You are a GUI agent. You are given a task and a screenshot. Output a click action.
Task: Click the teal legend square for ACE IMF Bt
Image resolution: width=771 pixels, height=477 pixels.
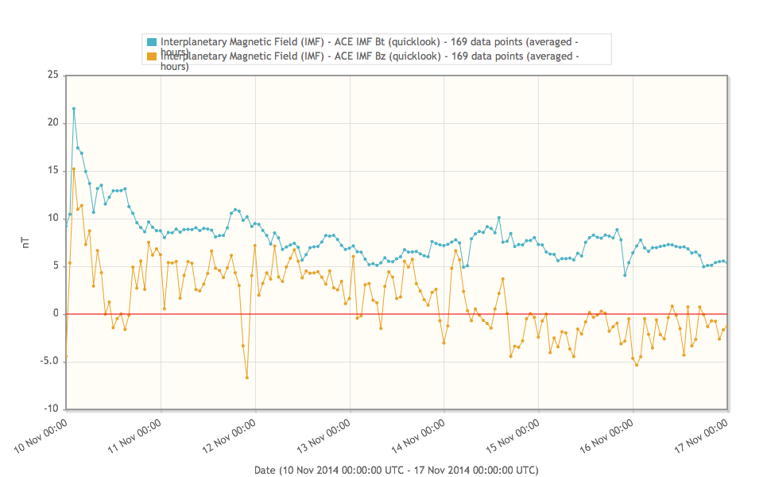(x=152, y=41)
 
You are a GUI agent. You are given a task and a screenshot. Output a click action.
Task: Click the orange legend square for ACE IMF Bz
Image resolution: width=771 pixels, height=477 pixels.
(x=152, y=56)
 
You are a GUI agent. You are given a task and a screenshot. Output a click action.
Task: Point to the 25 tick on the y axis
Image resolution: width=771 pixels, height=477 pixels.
(x=52, y=76)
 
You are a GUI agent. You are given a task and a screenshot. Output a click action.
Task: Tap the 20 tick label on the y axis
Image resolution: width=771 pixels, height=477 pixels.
(x=52, y=123)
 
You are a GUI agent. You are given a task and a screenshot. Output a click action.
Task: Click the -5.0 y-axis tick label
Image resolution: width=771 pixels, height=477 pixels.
(x=49, y=362)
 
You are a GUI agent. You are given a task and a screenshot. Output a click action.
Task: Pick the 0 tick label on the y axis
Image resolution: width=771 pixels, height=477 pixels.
(x=55, y=314)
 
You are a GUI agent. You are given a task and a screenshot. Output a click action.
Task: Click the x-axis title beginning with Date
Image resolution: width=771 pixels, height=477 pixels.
(x=396, y=470)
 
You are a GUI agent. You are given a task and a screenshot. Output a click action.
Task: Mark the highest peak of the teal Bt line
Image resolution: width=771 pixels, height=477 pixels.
(x=74, y=109)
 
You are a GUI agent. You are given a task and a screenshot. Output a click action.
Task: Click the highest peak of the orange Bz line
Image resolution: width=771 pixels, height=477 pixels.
(x=74, y=169)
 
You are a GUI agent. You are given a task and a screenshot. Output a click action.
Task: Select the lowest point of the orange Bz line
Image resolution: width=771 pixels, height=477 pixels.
(x=247, y=378)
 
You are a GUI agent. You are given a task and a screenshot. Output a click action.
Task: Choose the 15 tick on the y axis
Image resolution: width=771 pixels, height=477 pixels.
(x=52, y=171)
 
